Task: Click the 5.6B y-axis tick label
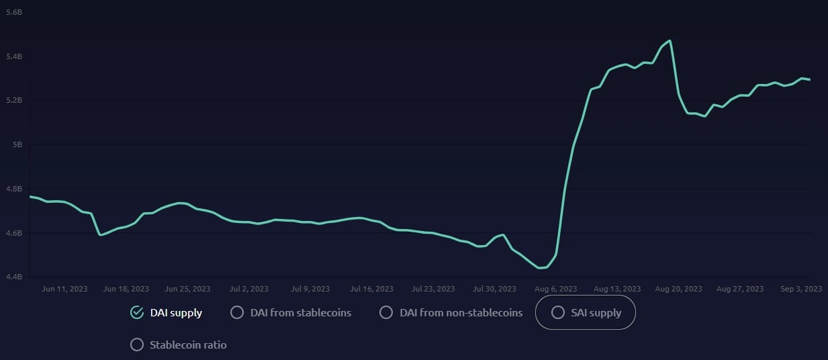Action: pos(13,13)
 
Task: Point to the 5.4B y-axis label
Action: pos(13,56)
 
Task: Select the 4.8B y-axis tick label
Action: pos(13,189)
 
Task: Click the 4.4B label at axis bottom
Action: pos(13,277)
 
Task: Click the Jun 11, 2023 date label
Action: pos(64,289)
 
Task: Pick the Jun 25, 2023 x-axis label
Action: pos(187,289)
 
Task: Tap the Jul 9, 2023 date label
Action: pos(310,289)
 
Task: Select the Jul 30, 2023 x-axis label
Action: pos(495,289)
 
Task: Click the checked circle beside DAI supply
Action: pos(137,312)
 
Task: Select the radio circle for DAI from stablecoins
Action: pos(236,312)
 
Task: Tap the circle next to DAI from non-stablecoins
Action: pos(385,312)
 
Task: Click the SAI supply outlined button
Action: pos(585,312)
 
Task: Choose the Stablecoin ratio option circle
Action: pos(137,345)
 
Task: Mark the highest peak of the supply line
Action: pos(670,40)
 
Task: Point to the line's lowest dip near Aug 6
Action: pos(541,268)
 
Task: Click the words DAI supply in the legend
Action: pos(176,312)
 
